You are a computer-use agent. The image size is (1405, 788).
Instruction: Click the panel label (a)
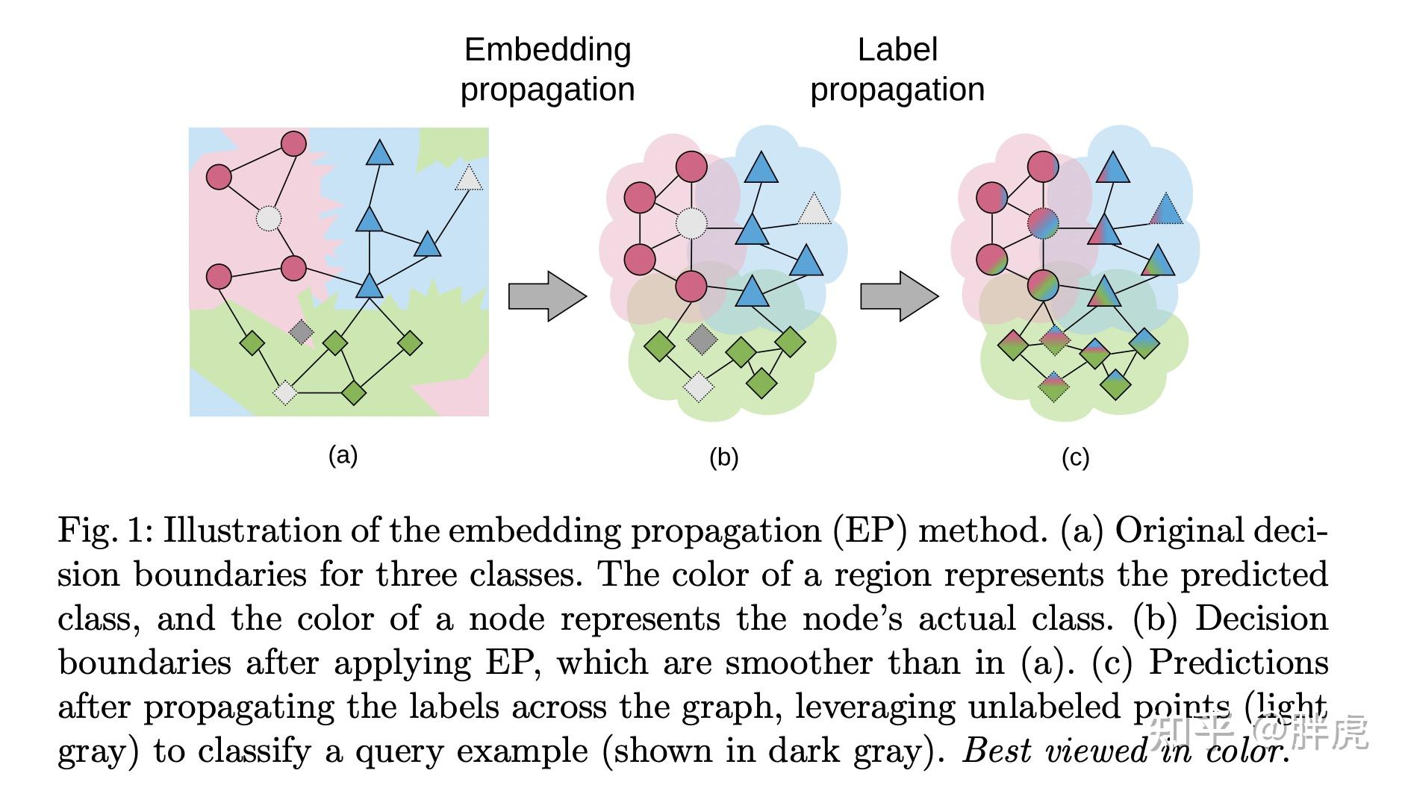pyautogui.click(x=343, y=454)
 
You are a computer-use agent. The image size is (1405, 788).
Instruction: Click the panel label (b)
pyautogui.click(x=723, y=457)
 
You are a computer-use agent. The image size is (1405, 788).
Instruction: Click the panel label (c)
pyautogui.click(x=1075, y=457)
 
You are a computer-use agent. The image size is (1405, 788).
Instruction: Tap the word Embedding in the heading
pyautogui.click(x=547, y=50)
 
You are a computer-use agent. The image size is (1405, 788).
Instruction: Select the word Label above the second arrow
pyautogui.click(x=897, y=50)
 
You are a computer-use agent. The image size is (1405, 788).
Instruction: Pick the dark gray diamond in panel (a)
pyautogui.click(x=301, y=331)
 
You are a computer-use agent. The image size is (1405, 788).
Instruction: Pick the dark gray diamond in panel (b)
pyautogui.click(x=702, y=340)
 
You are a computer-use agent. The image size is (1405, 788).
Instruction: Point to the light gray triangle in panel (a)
pyautogui.click(x=469, y=179)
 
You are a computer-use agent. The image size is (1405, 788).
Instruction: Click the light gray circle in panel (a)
pyautogui.click(x=269, y=219)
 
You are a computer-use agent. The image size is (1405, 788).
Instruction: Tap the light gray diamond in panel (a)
pyautogui.click(x=285, y=392)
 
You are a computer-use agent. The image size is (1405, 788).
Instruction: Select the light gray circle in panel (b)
pyautogui.click(x=691, y=223)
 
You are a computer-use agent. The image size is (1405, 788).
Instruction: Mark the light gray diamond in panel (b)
pyautogui.click(x=699, y=387)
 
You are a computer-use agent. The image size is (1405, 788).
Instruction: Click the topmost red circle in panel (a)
pyautogui.click(x=293, y=143)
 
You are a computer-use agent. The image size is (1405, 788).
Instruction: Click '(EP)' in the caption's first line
pyautogui.click(x=870, y=531)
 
